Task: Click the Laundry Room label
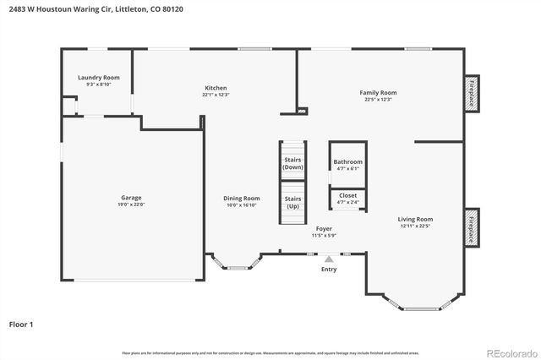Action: click(99, 78)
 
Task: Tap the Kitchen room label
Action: click(216, 88)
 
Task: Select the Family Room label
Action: click(378, 93)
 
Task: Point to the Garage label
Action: click(131, 197)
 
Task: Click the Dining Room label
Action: click(241, 199)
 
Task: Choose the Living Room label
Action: click(415, 219)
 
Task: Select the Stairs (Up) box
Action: click(292, 203)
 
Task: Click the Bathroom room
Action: click(347, 164)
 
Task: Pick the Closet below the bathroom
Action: click(347, 198)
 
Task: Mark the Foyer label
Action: click(324, 228)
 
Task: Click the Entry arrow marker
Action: click(329, 260)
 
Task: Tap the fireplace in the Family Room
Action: click(472, 93)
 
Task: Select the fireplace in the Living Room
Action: click(472, 227)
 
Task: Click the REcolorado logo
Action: click(510, 352)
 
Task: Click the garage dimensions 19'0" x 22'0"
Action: click(131, 204)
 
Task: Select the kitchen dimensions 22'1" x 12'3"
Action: click(216, 95)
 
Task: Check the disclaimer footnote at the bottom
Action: click(270, 353)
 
